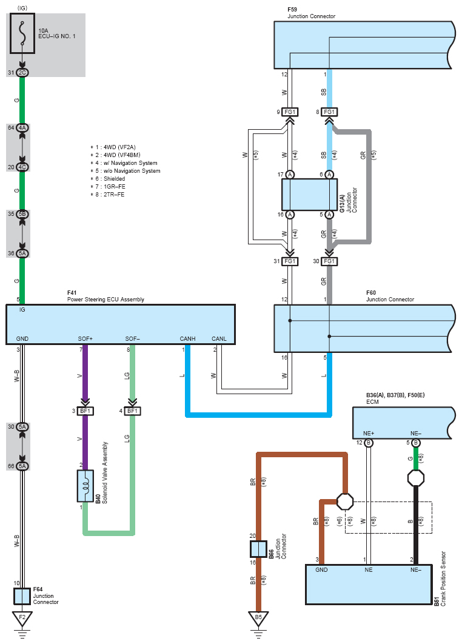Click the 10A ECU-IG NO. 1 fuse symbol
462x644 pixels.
[x=22, y=35]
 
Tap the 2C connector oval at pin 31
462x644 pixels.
[x=22, y=73]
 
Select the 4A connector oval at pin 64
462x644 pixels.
[x=22, y=128]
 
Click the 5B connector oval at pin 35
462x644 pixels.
[x=22, y=214]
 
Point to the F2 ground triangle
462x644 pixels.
[x=22, y=619]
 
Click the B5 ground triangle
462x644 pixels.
[x=258, y=619]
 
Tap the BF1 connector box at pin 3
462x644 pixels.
[x=84, y=411]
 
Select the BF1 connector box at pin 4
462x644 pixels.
[x=133, y=411]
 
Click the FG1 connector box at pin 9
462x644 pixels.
[x=290, y=112]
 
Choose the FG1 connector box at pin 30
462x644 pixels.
[x=329, y=261]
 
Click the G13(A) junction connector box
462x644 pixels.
[x=309, y=195]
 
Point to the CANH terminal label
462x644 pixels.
[x=187, y=338]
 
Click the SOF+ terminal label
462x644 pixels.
[x=85, y=338]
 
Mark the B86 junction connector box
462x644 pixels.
[x=258, y=549]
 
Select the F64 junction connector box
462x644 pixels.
[x=22, y=597]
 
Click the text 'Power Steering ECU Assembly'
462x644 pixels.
[x=105, y=300]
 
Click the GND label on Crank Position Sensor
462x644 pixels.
[x=322, y=570]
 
